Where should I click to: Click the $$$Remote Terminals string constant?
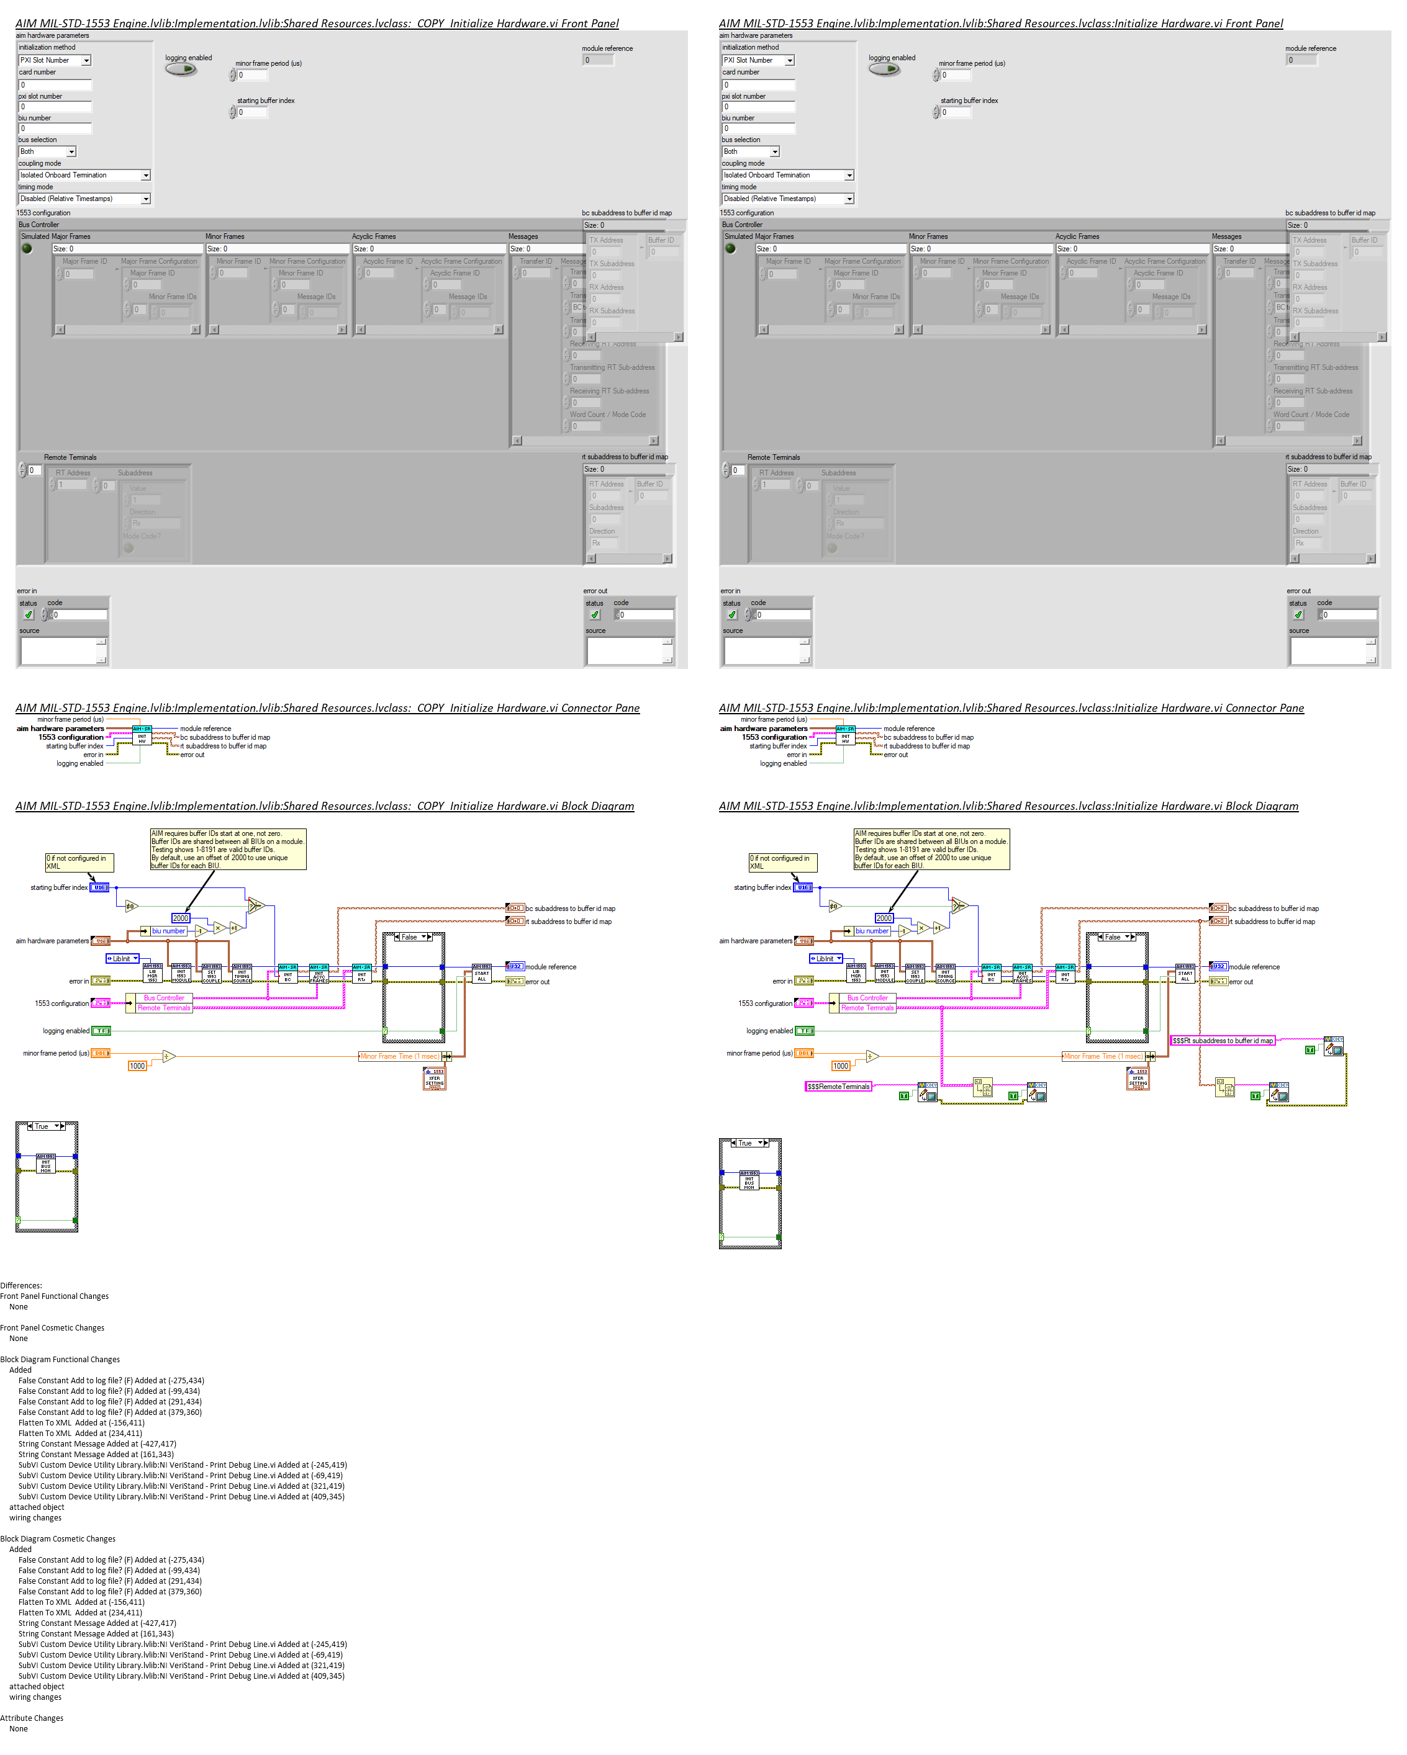[x=838, y=1086]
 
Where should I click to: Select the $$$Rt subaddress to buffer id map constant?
[x=1222, y=1040]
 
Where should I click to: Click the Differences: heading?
[x=21, y=1285]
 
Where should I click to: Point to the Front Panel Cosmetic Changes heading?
[x=52, y=1327]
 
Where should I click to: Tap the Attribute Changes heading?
[x=32, y=1718]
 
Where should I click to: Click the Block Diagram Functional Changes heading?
[x=60, y=1360]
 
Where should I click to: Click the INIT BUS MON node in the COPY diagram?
[x=45, y=1164]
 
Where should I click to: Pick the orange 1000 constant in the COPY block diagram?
[x=137, y=1066]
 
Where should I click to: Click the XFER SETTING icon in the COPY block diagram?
[x=435, y=1078]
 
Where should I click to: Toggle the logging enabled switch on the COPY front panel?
[x=181, y=69]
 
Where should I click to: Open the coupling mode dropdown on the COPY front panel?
[x=146, y=175]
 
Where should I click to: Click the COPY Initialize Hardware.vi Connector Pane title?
[x=327, y=708]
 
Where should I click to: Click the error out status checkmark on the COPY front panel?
[x=595, y=614]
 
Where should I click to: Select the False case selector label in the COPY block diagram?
[x=410, y=937]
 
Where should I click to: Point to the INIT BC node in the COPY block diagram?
[x=287, y=974]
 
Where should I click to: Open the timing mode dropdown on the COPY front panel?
[x=146, y=199]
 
